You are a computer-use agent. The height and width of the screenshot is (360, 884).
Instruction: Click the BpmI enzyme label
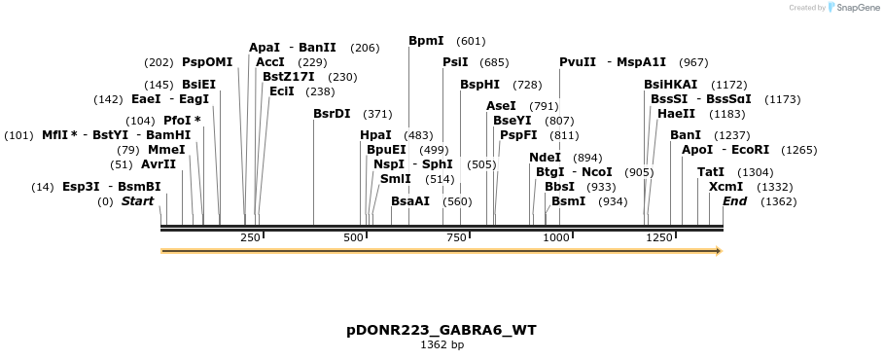[426, 41]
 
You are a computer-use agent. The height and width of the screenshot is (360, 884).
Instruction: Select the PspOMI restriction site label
[207, 62]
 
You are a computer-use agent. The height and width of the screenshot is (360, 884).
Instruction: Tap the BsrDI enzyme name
[332, 114]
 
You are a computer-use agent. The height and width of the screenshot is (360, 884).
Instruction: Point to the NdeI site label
[545, 158]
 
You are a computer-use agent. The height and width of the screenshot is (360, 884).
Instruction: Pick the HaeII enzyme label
[676, 114]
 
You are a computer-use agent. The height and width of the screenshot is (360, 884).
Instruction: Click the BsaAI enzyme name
[409, 201]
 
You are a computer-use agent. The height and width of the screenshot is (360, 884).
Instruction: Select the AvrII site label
[159, 164]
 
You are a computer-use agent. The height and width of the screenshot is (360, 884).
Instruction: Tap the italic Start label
[137, 201]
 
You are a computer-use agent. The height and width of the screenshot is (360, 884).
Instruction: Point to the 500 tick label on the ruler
[353, 237]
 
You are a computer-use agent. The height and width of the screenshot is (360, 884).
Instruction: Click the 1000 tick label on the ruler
[556, 237]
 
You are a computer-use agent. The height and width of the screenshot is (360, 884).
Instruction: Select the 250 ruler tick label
[250, 237]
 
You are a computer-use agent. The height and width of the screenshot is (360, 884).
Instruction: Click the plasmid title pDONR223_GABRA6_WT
[441, 330]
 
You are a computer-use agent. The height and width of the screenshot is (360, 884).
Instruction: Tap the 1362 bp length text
[442, 345]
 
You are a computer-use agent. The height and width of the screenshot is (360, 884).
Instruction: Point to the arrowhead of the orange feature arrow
[719, 251]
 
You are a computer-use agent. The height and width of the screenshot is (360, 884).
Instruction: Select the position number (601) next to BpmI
[470, 41]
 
